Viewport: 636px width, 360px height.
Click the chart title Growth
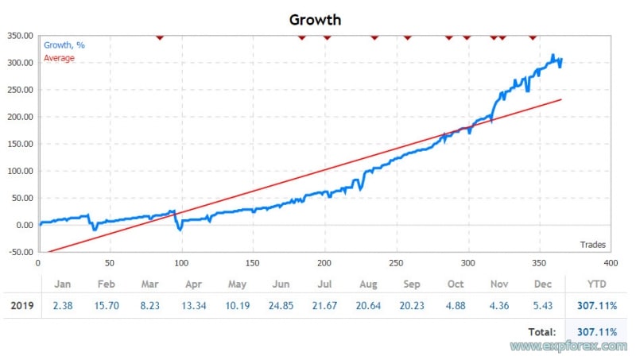coord(315,18)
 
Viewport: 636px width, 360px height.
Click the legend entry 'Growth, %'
coord(64,45)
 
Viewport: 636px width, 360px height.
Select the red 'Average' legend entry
coord(60,58)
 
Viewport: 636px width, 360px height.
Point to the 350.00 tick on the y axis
coord(19,36)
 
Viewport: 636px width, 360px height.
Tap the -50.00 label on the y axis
coord(19,252)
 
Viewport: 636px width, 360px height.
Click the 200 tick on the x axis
coord(325,262)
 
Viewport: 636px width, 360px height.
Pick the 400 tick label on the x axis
coord(611,262)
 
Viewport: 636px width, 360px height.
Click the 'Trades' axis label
coord(592,244)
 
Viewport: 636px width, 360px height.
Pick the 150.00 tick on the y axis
coord(19,144)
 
